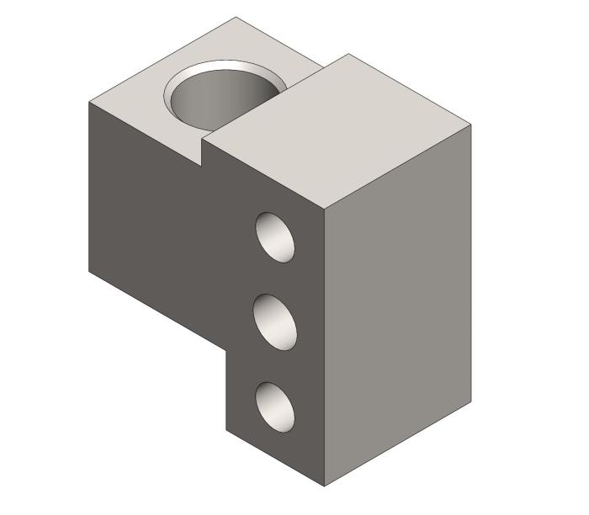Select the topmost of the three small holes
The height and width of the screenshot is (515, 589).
tap(276, 236)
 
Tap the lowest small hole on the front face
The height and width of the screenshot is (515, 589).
tap(276, 407)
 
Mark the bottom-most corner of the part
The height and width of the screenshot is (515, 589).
tap(325, 486)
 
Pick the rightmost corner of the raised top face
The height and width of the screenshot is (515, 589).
tap(470, 125)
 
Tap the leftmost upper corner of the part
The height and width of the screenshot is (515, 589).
tap(89, 102)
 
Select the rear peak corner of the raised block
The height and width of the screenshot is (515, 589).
tap(349, 54)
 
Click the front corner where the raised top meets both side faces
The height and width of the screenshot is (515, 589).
tap(325, 206)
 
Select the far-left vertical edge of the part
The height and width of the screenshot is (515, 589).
tap(89, 185)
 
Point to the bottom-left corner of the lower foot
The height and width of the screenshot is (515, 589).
tap(226, 430)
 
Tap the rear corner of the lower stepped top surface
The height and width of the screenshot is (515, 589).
tap(236, 17)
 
